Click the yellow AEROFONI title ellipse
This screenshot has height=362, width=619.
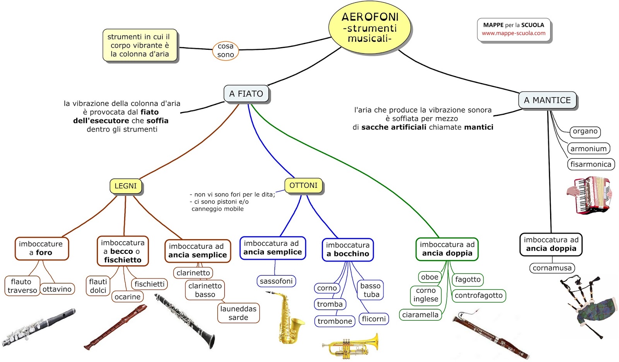370,28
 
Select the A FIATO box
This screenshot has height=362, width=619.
246,94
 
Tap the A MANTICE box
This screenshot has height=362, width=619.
547,100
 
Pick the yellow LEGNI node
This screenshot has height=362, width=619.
126,186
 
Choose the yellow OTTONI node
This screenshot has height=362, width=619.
303,185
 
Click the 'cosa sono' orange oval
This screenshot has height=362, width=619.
226,51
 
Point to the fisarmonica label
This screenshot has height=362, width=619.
591,164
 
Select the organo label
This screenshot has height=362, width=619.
585,131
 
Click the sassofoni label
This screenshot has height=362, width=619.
276,281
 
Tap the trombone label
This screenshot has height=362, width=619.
335,321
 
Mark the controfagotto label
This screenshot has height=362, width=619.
479,296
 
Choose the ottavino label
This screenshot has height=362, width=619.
57,289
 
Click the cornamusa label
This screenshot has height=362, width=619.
552,268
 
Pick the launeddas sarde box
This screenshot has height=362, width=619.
238,313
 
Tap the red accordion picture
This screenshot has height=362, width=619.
590,195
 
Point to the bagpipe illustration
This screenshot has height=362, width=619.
588,305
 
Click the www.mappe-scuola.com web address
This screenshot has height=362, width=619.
513,33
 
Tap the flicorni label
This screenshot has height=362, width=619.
374,319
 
